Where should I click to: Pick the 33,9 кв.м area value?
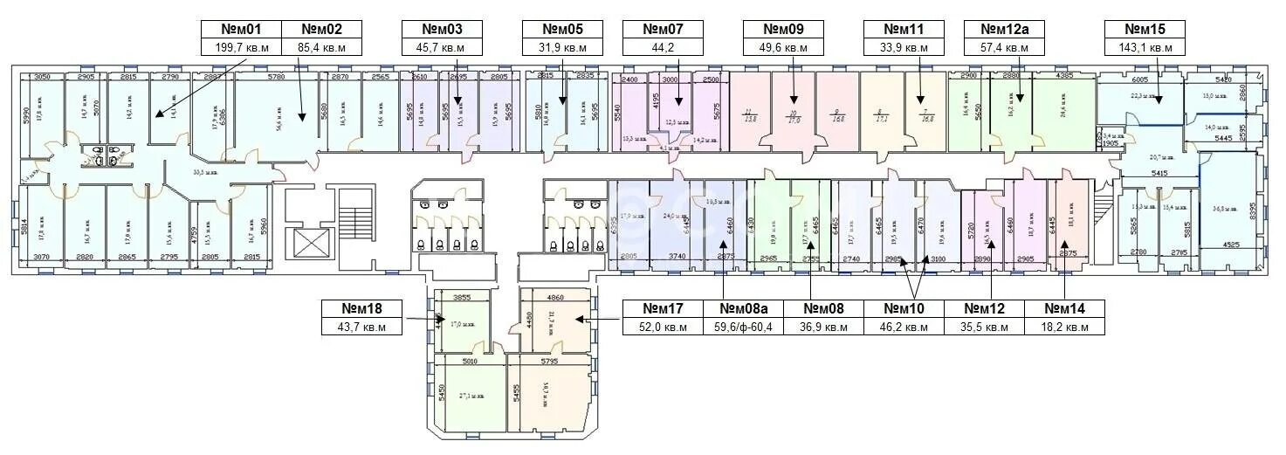905,48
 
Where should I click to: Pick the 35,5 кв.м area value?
987,327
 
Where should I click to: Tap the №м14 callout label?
1064,308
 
